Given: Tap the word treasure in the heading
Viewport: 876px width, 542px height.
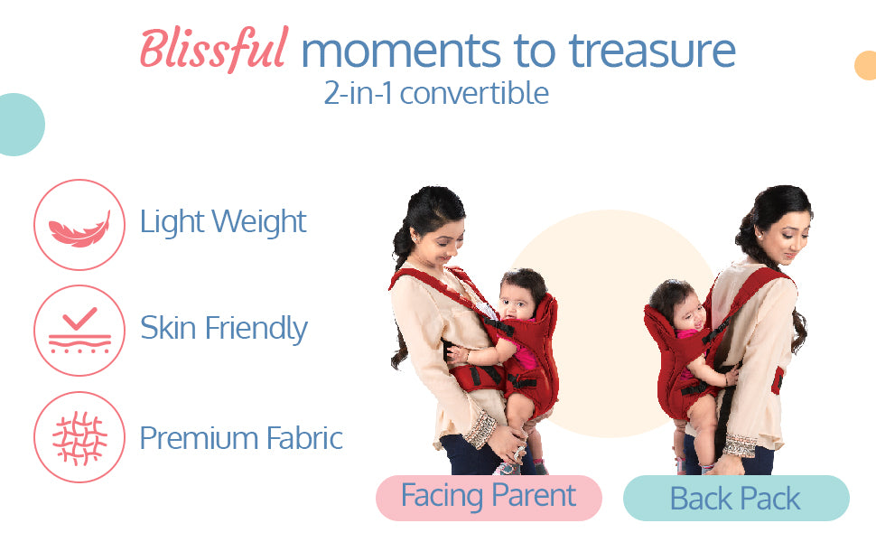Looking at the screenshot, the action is [x=652, y=51].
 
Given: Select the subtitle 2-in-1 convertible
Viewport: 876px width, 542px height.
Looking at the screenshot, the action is [x=436, y=93].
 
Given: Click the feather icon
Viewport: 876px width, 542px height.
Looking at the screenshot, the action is [x=79, y=229].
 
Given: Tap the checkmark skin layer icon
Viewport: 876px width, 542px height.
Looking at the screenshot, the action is [x=79, y=331].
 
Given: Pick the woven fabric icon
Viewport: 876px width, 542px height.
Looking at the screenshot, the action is [x=79, y=438].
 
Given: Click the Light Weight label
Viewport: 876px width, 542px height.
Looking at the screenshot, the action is [x=223, y=222].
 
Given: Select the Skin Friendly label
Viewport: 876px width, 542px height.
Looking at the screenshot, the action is [x=223, y=329].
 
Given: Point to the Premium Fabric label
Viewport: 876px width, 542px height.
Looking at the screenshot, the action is [x=241, y=438].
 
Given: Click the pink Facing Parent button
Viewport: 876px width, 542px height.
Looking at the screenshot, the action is [x=489, y=498].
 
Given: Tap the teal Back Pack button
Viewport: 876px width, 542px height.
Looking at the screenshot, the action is [x=736, y=498].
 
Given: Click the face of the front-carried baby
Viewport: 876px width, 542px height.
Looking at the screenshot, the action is [x=517, y=304].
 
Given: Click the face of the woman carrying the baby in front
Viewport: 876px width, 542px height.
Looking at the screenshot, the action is [x=443, y=244].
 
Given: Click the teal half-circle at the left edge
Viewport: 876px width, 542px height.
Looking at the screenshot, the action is [x=22, y=125].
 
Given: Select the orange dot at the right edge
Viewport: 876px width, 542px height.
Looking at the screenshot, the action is [x=865, y=65].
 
